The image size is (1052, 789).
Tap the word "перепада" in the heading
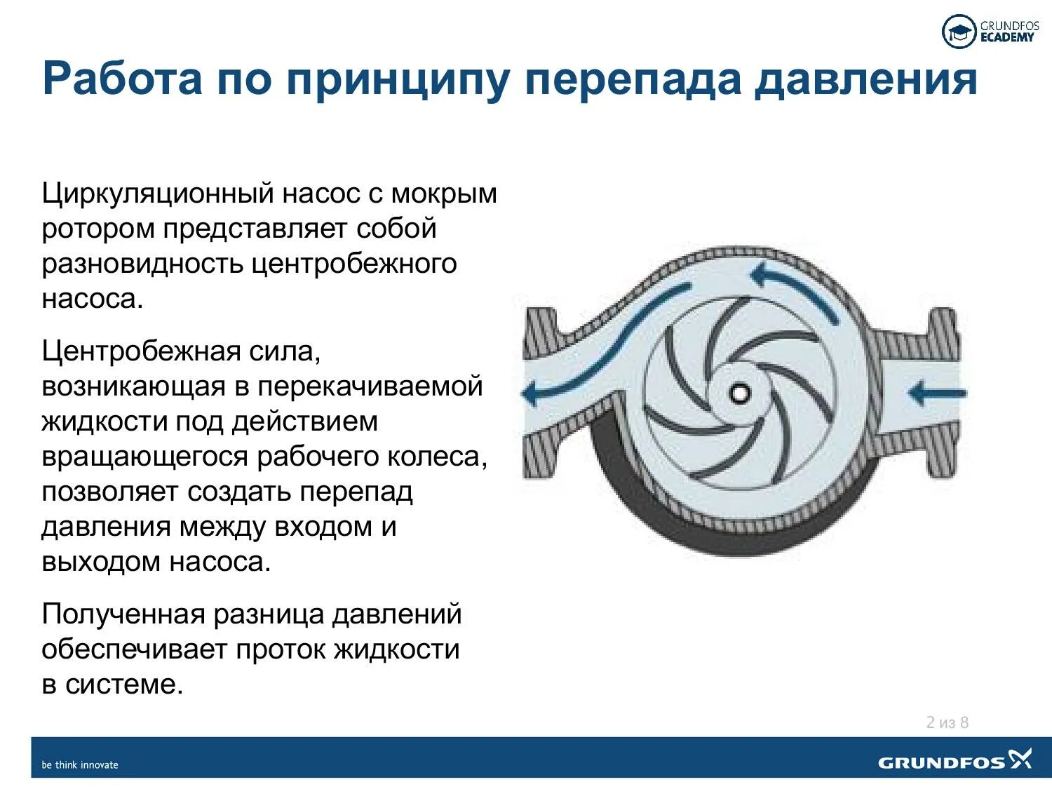click(633, 80)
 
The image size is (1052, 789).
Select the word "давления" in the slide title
click(865, 80)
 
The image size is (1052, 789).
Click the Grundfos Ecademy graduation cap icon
click(959, 32)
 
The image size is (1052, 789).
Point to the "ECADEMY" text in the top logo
click(1007, 38)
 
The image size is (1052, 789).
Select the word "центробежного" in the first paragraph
click(354, 264)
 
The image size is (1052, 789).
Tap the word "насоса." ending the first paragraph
click(92, 299)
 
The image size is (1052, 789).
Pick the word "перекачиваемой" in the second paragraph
click(370, 386)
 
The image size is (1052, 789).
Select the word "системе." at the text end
click(124, 685)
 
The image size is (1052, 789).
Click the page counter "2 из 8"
click(947, 722)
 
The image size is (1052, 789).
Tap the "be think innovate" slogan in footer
click(80, 764)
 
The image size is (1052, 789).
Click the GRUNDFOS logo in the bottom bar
click(954, 760)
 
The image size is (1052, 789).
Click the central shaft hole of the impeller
click(739, 393)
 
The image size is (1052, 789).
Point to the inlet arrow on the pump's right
click(937, 393)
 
